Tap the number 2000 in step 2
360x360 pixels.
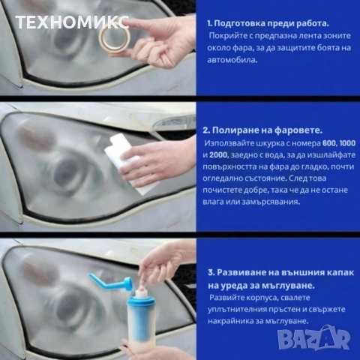point(220,154)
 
